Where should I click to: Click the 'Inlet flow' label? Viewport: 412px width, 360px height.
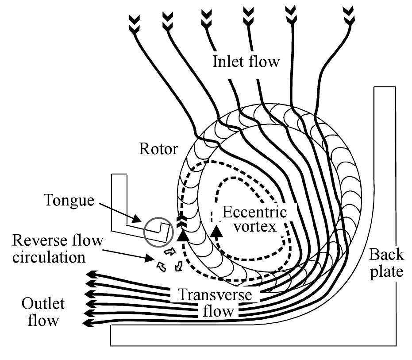pyautogui.click(x=246, y=61)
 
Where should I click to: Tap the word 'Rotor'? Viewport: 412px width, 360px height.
pyautogui.click(x=158, y=149)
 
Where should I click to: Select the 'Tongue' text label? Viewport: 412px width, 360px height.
pyautogui.click(x=69, y=201)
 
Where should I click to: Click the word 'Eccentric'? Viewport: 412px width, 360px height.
pyautogui.click(x=254, y=213)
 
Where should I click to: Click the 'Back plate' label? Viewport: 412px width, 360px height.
pyautogui.click(x=386, y=263)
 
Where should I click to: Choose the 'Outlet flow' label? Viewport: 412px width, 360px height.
pyautogui.click(x=43, y=312)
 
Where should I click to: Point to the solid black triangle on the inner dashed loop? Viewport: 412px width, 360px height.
pyautogui.click(x=216, y=232)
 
